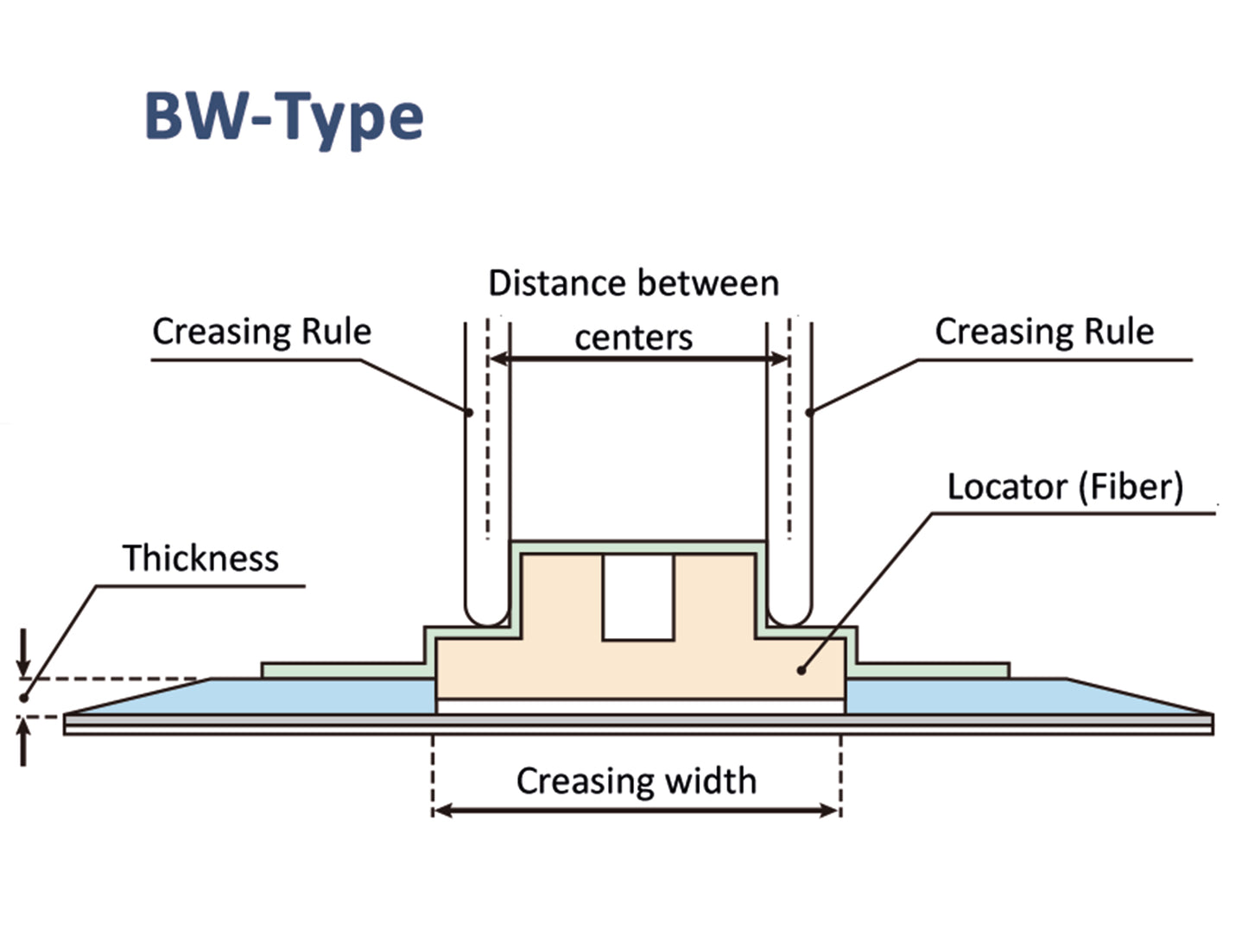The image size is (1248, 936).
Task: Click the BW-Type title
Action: tap(283, 117)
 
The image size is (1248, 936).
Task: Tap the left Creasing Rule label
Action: tap(262, 332)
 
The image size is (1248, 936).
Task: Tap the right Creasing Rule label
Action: tap(1044, 332)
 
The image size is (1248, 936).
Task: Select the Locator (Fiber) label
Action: tap(1065, 487)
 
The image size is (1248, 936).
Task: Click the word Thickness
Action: tap(200, 559)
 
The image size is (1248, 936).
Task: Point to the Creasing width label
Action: tap(637, 781)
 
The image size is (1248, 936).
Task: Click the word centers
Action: tap(634, 337)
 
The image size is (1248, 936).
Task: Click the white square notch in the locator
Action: tap(638, 597)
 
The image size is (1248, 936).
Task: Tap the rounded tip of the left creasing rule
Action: tap(487, 615)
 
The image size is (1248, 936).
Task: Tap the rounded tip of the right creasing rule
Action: tap(789, 615)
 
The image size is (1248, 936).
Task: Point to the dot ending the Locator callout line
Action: tap(801, 670)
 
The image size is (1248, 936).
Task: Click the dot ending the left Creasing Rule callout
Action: tap(469, 412)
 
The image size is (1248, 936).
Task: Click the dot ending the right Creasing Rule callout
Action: tap(809, 412)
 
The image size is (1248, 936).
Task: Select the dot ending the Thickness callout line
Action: tap(24, 698)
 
